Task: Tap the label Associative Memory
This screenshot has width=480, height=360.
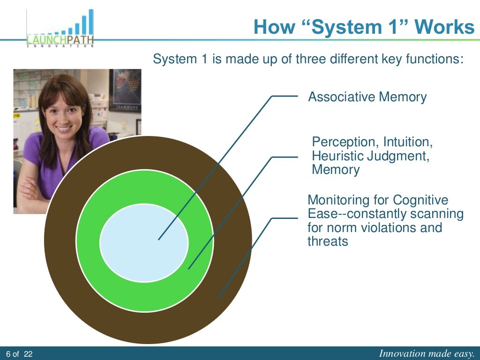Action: pyautogui.click(x=367, y=97)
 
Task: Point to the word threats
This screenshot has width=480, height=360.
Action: pyautogui.click(x=328, y=242)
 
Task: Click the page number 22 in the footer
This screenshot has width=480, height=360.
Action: pyautogui.click(x=28, y=354)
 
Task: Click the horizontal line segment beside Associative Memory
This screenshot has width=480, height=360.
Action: pyautogui.click(x=285, y=96)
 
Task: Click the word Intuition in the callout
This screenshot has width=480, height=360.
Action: pyautogui.click(x=406, y=142)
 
